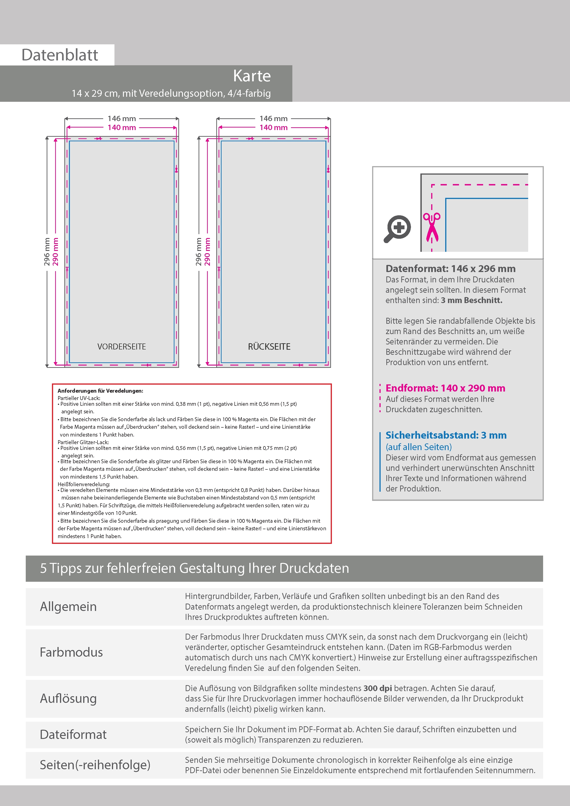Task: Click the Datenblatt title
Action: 60,55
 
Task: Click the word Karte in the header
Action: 252,76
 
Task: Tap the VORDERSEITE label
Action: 122,346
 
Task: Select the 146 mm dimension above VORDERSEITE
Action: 122,119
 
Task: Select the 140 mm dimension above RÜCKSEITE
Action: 273,128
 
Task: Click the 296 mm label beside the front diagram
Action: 47,251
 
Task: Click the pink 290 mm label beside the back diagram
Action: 207,251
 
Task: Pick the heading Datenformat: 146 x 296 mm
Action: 450,269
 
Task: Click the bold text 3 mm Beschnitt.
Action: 471,300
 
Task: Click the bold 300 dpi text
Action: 378,688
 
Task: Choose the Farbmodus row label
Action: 71,652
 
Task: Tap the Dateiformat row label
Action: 73,734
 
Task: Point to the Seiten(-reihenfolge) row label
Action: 95,765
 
